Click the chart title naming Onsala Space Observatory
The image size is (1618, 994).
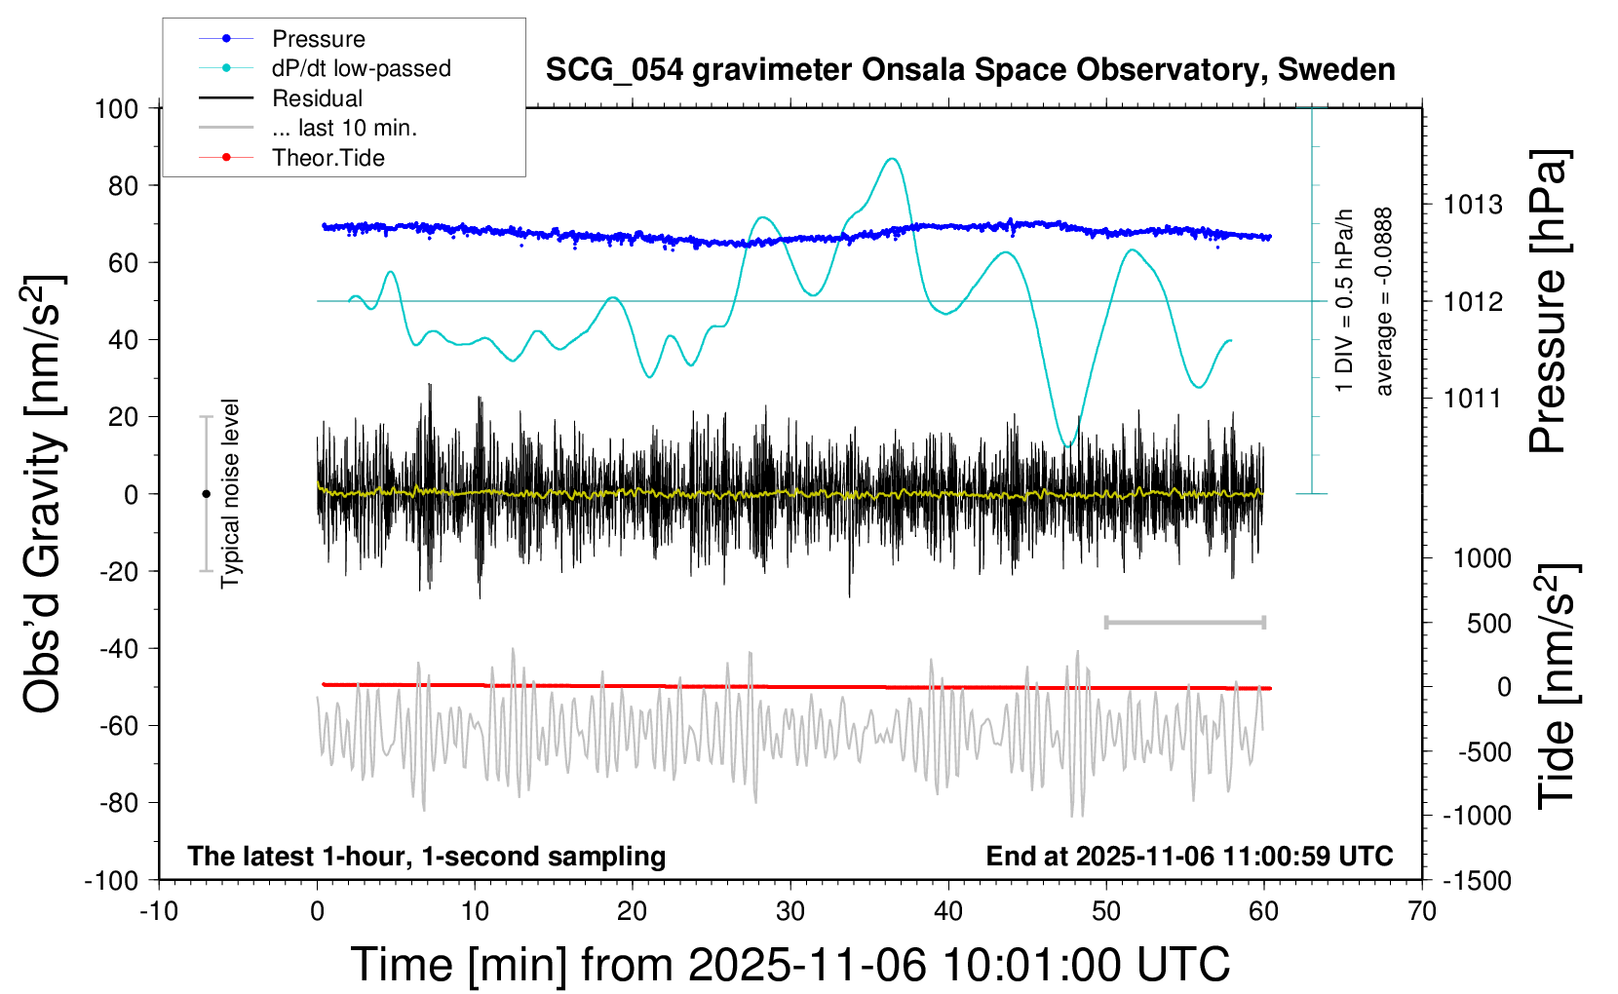point(970,70)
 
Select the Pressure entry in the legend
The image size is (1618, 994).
point(319,39)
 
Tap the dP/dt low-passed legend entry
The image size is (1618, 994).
point(361,68)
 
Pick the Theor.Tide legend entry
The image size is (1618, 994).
point(328,158)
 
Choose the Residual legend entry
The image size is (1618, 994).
point(317,98)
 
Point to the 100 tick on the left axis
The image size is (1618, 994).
point(116,108)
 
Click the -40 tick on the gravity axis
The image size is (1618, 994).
point(118,648)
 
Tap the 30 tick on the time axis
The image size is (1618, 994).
point(790,911)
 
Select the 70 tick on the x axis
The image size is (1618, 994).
point(1422,911)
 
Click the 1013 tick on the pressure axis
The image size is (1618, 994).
point(1473,205)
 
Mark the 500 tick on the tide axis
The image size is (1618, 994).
point(1488,623)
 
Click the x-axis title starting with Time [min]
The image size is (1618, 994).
point(790,965)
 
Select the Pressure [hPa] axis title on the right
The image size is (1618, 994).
point(1547,301)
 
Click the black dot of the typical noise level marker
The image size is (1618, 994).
point(206,494)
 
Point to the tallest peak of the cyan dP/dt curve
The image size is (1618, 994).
point(890,159)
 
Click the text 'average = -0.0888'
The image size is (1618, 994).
point(1384,301)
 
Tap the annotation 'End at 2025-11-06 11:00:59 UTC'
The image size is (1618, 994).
point(1189,856)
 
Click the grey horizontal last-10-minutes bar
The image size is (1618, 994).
point(1184,622)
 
